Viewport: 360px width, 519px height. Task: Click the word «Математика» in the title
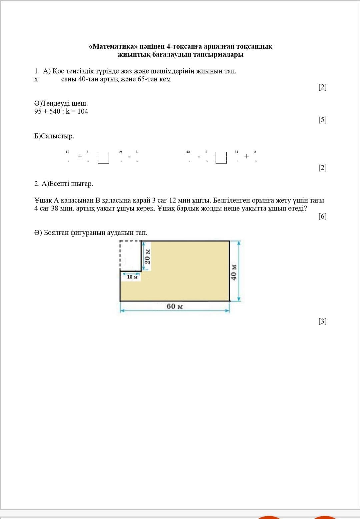(113, 46)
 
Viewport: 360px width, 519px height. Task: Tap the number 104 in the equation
(83, 111)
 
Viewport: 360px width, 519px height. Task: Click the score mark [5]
(322, 120)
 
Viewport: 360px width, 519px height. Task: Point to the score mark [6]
(322, 216)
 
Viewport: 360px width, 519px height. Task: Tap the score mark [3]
(322, 321)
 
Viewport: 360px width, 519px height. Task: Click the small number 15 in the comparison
(67, 152)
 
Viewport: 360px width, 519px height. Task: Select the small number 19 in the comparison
(120, 152)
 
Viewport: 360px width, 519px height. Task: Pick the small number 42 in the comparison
(188, 152)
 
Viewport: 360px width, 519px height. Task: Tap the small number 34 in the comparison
(236, 152)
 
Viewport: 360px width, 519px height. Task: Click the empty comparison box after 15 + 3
(104, 158)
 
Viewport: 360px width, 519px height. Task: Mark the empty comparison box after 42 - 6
(221, 158)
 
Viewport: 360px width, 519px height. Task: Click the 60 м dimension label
(175, 306)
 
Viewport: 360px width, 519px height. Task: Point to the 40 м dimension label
(234, 272)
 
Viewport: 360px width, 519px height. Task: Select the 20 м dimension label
(148, 256)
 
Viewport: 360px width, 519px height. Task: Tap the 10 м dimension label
(132, 277)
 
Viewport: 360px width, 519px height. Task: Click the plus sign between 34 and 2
(246, 156)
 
